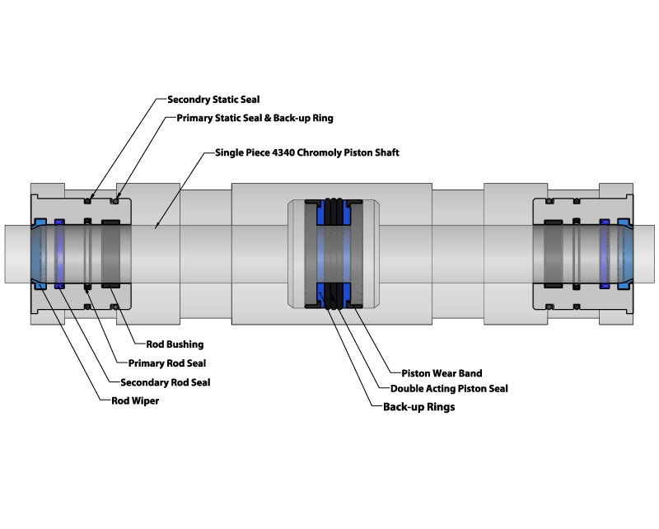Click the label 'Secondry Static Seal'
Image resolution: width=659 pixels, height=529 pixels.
(x=213, y=99)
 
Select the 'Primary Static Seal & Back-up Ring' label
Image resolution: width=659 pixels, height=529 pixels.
(x=255, y=118)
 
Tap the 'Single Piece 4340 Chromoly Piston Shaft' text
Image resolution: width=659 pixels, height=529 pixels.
(x=306, y=152)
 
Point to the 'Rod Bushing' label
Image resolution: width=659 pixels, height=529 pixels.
(x=174, y=344)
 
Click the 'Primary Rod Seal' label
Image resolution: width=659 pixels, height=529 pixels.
(x=167, y=363)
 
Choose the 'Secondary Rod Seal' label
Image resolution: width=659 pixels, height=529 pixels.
(x=165, y=382)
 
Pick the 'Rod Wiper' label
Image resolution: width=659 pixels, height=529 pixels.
(x=135, y=401)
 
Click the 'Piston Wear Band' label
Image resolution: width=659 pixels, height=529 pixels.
(x=442, y=373)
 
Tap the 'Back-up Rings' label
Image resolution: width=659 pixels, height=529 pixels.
(x=419, y=407)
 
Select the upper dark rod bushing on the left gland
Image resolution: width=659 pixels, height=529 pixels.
(x=112, y=222)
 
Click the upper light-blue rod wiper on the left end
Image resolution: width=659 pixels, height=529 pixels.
(x=40, y=222)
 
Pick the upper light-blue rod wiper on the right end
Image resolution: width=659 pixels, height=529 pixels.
(x=623, y=222)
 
